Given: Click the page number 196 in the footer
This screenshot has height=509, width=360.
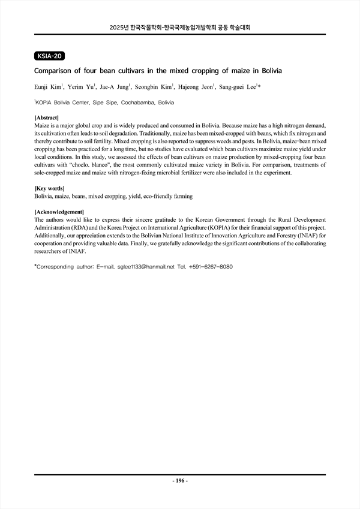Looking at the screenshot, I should [x=180, y=481].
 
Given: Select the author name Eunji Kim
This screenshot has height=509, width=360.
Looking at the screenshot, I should [x=49, y=88].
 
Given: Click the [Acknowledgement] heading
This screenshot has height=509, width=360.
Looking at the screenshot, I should [x=59, y=212].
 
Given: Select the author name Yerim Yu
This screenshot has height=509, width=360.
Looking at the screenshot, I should [x=83, y=88].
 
